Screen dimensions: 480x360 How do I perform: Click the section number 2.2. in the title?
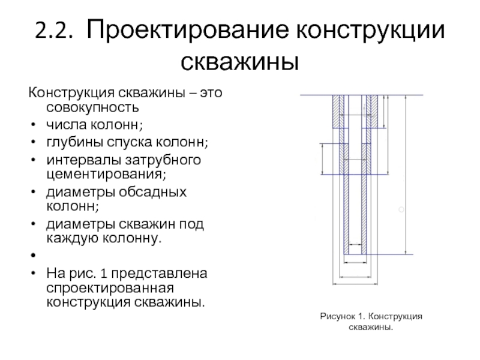54,31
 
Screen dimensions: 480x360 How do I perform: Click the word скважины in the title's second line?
239,62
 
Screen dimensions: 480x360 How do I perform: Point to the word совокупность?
92,107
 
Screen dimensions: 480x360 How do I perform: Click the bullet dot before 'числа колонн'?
34,125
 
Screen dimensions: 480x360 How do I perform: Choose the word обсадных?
152,192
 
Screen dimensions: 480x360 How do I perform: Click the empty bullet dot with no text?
34,255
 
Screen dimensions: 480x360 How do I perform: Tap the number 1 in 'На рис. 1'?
103,273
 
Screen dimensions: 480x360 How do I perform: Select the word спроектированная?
110,288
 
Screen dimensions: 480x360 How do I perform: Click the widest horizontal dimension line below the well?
355,284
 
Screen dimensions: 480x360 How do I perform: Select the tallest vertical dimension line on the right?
406,175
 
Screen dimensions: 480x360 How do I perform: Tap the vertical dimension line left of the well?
322,159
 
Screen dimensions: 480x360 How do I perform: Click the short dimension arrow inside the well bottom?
355,244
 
